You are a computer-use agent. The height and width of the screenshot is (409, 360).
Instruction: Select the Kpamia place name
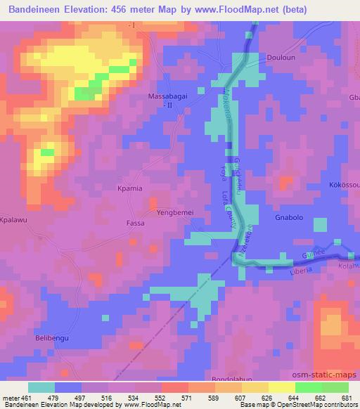pyautogui.click(x=130, y=189)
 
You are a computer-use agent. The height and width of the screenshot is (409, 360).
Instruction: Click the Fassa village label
pyautogui.click(x=135, y=223)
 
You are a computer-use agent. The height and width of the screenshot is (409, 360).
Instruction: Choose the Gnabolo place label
pyautogui.click(x=288, y=218)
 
